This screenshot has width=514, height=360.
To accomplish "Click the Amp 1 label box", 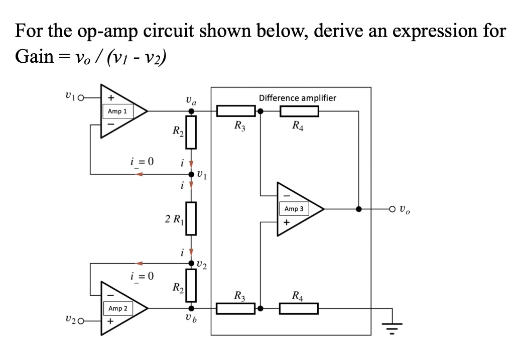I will click(x=118, y=111).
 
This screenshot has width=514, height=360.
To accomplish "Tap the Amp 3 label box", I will click(x=294, y=208).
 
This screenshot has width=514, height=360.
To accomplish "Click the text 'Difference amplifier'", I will click(x=297, y=98).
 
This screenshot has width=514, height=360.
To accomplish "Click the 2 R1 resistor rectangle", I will click(x=191, y=219).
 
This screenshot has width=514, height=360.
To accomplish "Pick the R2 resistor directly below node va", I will click(x=191, y=132).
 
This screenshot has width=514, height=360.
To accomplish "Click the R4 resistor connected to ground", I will click(x=299, y=308).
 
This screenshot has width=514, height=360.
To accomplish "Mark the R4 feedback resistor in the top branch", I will click(x=299, y=111).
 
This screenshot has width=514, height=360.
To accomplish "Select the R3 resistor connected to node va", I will click(x=236, y=111).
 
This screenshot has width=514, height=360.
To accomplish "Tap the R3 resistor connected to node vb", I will click(x=236, y=308).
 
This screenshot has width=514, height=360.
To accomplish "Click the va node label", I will click(x=191, y=100).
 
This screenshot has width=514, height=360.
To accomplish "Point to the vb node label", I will click(x=191, y=319).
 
